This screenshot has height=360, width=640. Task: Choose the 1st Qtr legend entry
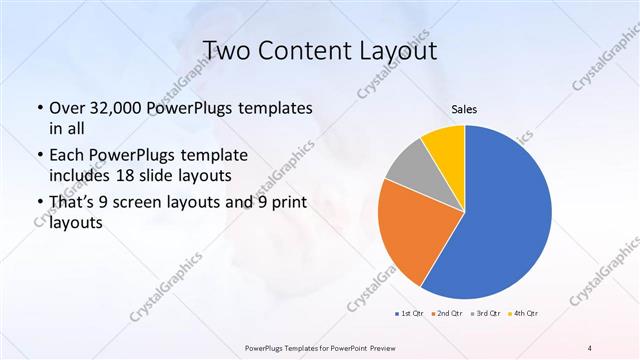pos(409,314)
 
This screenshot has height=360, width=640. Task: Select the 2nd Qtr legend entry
pos(446,314)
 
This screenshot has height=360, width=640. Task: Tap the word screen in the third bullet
pos(157,204)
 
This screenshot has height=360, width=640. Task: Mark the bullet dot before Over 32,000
pos(39,108)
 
